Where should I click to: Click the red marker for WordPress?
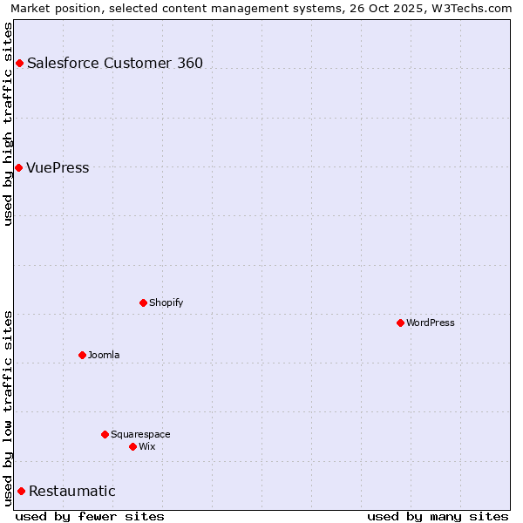400,323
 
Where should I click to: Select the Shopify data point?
143,302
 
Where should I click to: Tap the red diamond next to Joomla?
82,355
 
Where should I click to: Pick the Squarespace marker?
105,434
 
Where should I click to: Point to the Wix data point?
132,446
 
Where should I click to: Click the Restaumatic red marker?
21,491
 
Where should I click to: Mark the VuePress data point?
18,167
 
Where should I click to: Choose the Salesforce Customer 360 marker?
19,63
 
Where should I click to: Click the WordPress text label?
431,323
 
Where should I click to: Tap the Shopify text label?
166,302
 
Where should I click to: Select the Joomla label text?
104,355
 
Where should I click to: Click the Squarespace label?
140,434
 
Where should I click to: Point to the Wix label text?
146,446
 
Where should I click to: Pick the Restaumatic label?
72,491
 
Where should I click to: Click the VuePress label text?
58,167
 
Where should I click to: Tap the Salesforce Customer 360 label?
115,63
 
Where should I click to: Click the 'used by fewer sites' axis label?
90,516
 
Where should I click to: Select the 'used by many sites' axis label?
438,516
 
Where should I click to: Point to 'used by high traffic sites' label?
8,124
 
